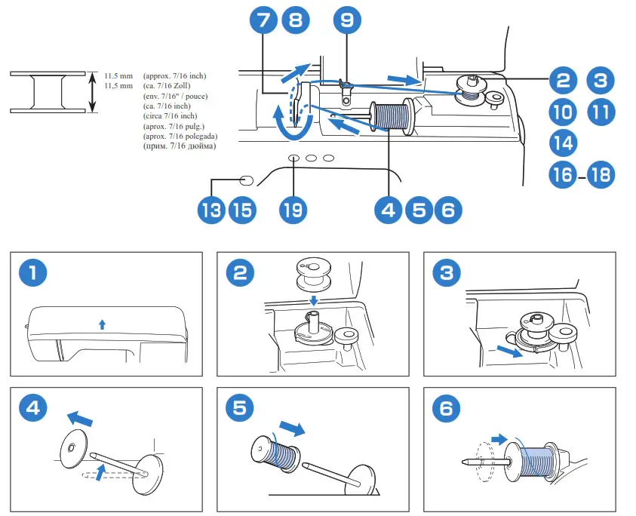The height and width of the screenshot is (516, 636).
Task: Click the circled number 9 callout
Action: pos(346,20)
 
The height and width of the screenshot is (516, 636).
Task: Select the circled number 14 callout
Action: pos(563,142)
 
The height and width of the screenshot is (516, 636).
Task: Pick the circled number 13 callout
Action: pos(212,210)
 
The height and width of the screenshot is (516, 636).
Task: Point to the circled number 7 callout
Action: pos(262,20)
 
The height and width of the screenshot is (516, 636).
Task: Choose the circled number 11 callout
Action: pos(601,112)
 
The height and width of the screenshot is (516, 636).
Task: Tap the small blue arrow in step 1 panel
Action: pos(103,324)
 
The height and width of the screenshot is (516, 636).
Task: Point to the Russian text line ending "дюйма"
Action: pos(179,146)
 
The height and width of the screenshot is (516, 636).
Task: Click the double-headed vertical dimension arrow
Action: pos(93,92)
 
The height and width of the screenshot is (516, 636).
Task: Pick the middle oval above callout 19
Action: pos(310,158)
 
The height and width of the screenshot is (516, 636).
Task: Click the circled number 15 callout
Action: pos(241,210)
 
